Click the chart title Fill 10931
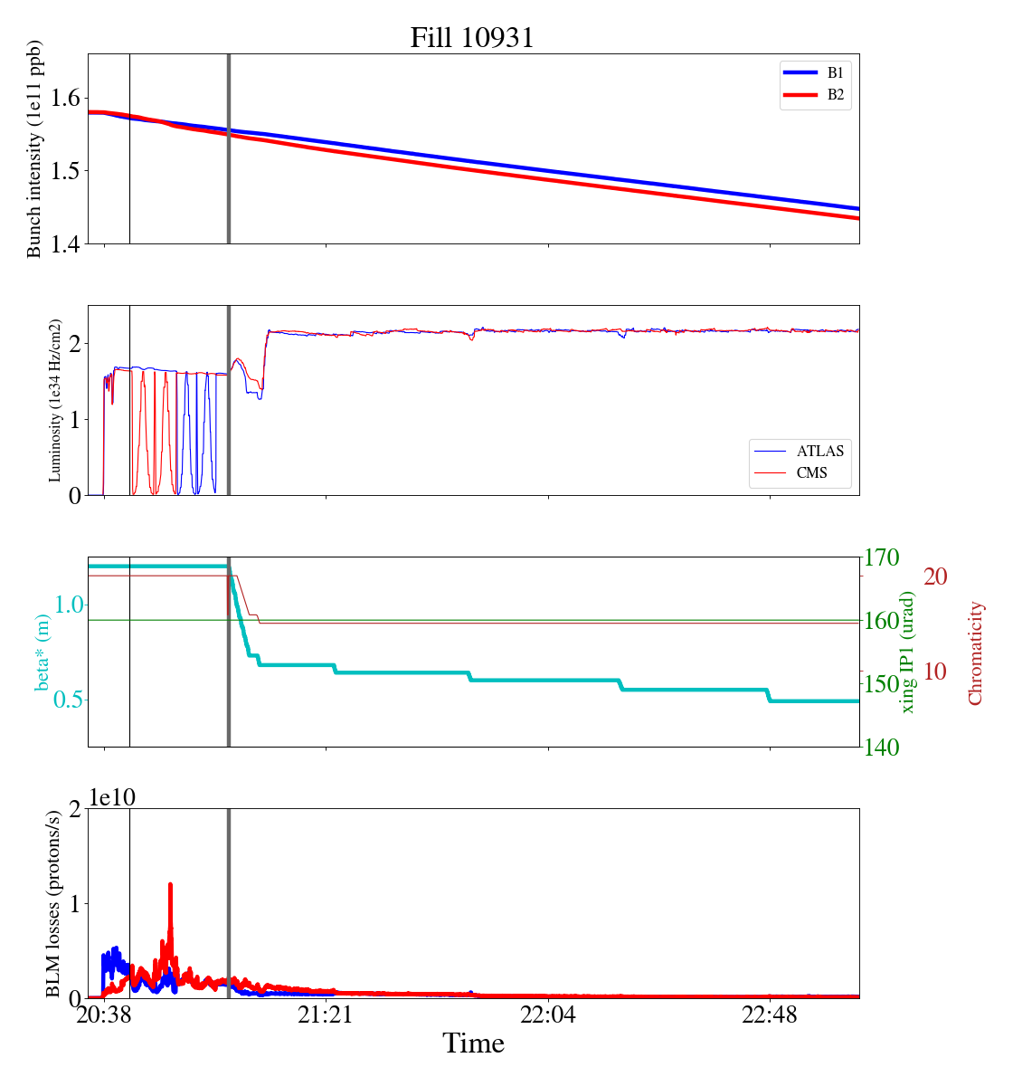click(x=472, y=38)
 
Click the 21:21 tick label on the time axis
click(x=326, y=1015)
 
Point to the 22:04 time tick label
click(x=548, y=1015)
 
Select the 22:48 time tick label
click(x=770, y=1015)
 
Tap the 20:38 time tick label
click(x=104, y=1015)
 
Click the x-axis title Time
click(x=473, y=1043)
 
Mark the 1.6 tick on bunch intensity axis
click(x=65, y=98)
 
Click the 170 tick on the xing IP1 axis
click(x=883, y=557)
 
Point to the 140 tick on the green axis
click(x=883, y=748)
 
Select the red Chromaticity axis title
click(x=975, y=653)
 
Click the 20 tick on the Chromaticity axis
click(x=935, y=576)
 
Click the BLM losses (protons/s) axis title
click(x=53, y=903)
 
